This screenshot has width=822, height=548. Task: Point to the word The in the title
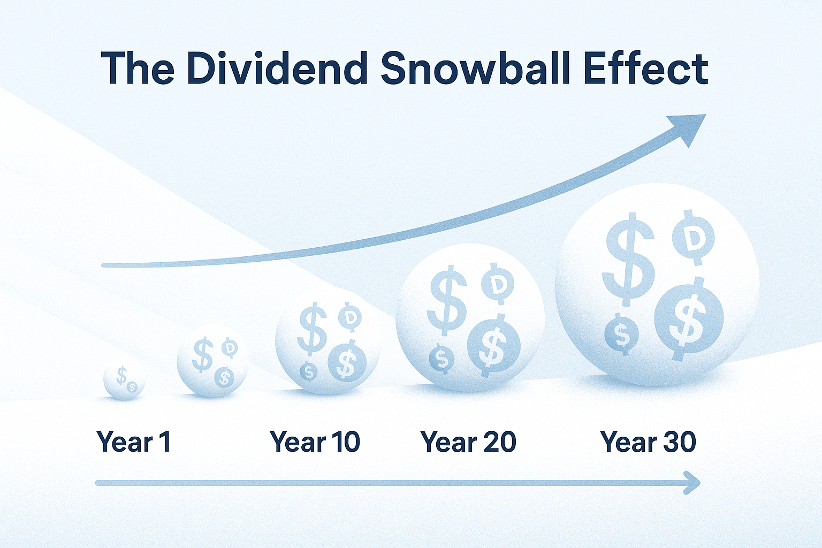click(x=138, y=68)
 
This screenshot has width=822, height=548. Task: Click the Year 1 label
click(x=134, y=442)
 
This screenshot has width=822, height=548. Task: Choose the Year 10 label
click(x=315, y=442)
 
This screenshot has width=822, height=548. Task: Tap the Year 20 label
click(x=468, y=442)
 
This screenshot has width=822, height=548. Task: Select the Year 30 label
click(x=648, y=442)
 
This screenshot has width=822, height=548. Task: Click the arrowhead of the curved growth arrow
click(x=690, y=127)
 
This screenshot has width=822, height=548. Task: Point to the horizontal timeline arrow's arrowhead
click(x=692, y=483)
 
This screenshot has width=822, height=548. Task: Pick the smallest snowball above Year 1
click(x=124, y=379)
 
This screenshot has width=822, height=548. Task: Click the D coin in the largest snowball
click(x=693, y=237)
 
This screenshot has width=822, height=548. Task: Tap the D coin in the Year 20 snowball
click(x=498, y=284)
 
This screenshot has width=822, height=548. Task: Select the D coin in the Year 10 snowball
click(x=350, y=318)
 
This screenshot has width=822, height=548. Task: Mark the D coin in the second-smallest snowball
click(x=230, y=348)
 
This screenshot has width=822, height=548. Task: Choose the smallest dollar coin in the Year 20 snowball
click(x=442, y=359)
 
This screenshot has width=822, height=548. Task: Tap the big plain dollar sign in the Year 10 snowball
click(x=313, y=328)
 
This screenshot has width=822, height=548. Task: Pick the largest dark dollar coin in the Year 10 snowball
click(x=347, y=362)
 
